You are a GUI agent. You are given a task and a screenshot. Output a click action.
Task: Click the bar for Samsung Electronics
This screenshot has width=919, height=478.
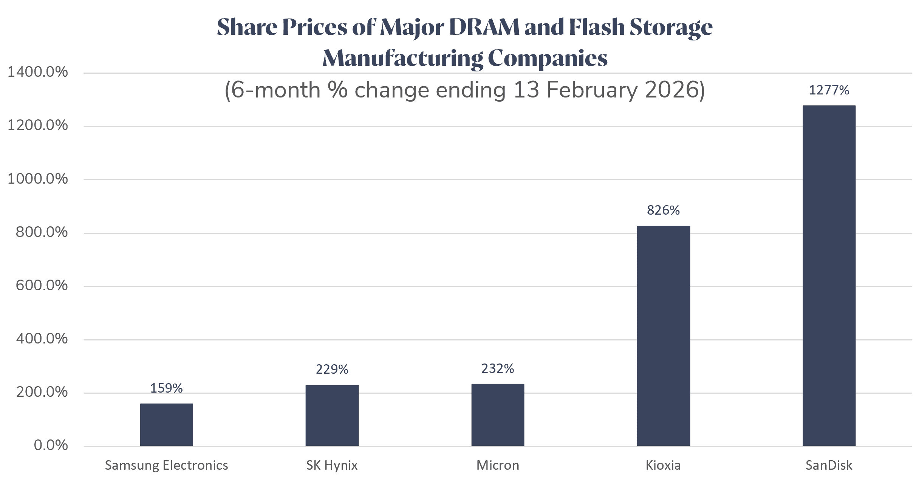click(166, 425)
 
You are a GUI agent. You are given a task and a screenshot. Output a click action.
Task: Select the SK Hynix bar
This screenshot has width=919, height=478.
click(332, 415)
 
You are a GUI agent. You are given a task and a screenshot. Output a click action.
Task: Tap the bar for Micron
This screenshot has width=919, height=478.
click(497, 415)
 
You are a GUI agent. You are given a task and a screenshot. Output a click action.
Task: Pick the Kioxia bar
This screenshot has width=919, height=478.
click(663, 336)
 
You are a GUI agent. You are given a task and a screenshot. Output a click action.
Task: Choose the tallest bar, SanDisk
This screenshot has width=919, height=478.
click(829, 276)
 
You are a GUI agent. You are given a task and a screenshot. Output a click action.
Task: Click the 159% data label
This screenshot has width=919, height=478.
click(166, 388)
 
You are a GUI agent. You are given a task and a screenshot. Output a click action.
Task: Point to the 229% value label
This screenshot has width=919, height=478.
click(332, 369)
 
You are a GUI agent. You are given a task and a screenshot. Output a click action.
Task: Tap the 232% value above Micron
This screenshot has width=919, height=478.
click(497, 368)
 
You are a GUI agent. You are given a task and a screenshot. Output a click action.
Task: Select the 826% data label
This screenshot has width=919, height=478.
click(663, 210)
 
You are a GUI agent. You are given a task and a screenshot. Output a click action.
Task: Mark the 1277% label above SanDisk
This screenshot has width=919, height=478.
click(829, 90)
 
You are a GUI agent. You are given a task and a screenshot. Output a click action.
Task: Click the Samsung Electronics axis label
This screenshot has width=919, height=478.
click(166, 465)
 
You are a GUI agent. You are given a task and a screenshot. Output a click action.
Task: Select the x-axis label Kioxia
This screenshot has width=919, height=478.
click(663, 465)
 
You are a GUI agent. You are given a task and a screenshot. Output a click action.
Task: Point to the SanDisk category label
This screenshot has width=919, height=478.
click(829, 465)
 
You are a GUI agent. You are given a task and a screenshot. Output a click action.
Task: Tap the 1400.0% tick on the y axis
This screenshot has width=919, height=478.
click(38, 72)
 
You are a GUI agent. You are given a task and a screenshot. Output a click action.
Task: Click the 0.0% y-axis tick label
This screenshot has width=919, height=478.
click(51, 445)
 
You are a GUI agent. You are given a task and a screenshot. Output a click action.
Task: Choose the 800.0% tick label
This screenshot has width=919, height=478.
click(42, 232)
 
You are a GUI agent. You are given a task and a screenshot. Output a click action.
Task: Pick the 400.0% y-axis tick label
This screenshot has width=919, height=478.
click(42, 339)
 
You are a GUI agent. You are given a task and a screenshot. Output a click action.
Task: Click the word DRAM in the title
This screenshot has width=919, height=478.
click(484, 27)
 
